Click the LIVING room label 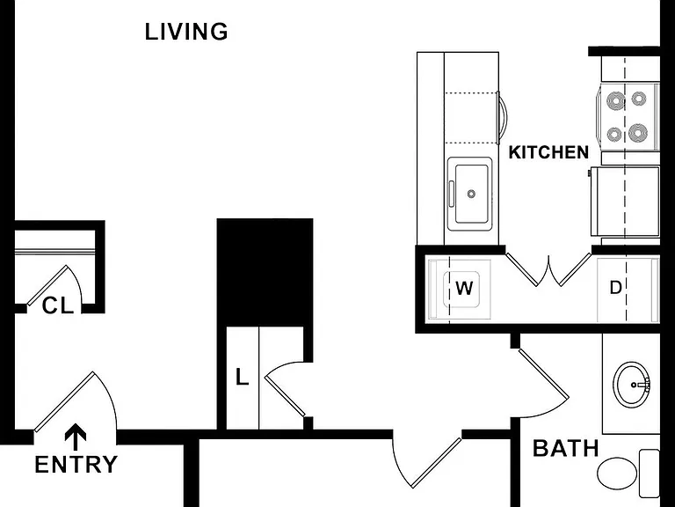(186, 32)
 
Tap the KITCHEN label (548, 152)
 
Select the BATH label (566, 448)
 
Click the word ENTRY (76, 465)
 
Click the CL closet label (58, 306)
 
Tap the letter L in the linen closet (243, 378)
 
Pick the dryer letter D (616, 287)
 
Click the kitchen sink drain (471, 194)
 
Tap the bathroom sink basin (632, 384)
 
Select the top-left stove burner (615, 102)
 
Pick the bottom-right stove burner (638, 132)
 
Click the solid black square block (265, 273)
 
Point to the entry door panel (63, 401)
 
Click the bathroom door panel (544, 374)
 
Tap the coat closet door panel (47, 285)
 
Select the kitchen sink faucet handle (451, 194)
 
